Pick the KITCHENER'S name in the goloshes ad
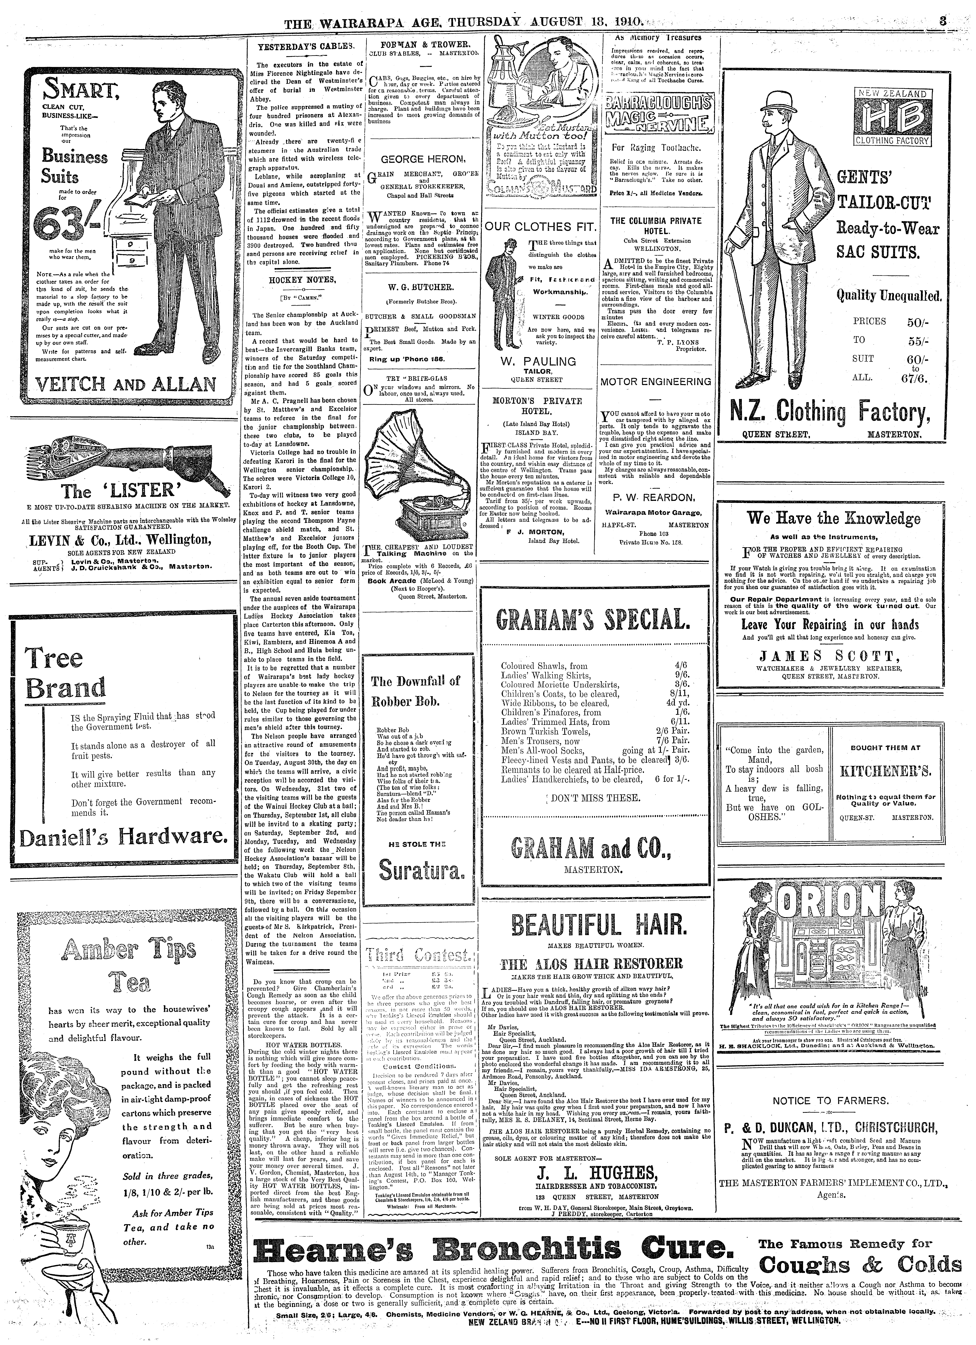point(885,771)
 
